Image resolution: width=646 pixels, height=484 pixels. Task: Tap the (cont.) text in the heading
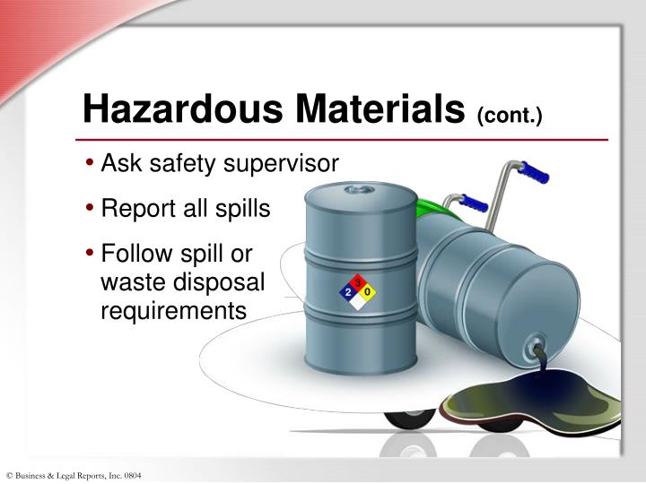tap(510, 116)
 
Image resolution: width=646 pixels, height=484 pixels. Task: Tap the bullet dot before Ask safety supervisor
tap(92, 164)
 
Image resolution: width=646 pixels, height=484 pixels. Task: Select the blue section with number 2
tap(347, 292)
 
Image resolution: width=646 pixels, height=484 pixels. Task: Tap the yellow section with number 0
tap(368, 292)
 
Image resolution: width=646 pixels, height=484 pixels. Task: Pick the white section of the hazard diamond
tap(358, 302)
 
